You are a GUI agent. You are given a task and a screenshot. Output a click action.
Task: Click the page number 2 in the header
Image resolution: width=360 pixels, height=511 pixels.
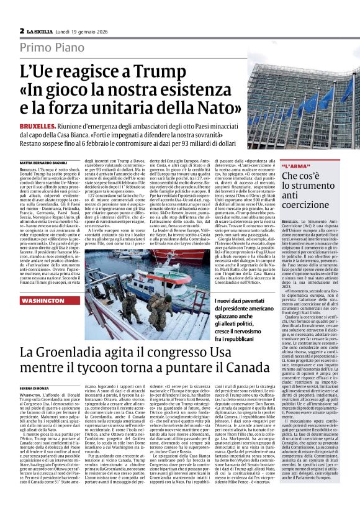click(22, 30)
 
